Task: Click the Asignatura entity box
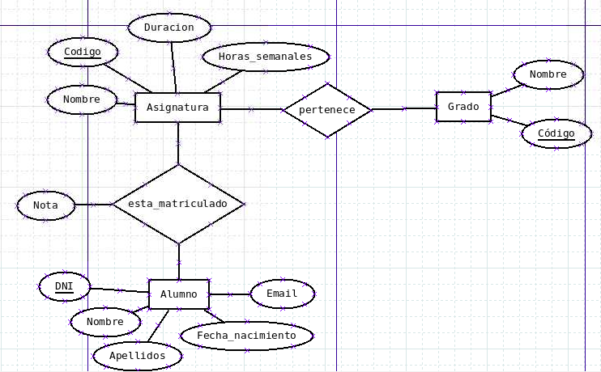coord(177,108)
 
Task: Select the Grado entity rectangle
coord(463,107)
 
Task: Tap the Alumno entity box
coord(178,294)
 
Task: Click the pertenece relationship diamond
coord(327,109)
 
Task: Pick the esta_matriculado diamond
coord(178,204)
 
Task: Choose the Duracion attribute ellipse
coord(169,27)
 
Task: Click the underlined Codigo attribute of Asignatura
coord(83,53)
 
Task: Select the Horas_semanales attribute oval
coord(265,57)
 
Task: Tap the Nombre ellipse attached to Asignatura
coord(81,100)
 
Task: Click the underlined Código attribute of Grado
coord(556,133)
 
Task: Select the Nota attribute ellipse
coord(45,205)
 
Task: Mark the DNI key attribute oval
coord(64,287)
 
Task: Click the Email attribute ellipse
coord(282,294)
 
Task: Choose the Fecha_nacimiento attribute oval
coord(246,335)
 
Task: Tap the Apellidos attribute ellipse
coord(137,355)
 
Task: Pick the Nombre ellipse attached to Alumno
coord(104,322)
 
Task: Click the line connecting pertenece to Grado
coord(404,108)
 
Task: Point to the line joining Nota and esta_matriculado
coord(93,205)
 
